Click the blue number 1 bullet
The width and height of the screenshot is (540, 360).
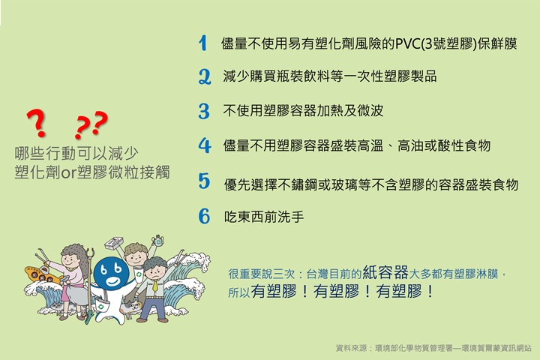click(203, 43)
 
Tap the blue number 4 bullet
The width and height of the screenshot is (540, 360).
click(205, 145)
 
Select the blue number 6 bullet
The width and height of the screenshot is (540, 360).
click(204, 216)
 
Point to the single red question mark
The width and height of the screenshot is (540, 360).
click(37, 123)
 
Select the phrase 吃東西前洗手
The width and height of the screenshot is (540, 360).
click(264, 217)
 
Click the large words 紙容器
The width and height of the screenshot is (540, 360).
click(385, 272)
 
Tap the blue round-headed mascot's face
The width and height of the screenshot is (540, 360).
click(111, 273)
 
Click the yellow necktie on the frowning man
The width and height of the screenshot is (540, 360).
click(156, 286)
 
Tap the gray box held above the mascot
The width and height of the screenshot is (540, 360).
click(114, 243)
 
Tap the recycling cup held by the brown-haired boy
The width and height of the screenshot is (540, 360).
click(138, 274)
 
